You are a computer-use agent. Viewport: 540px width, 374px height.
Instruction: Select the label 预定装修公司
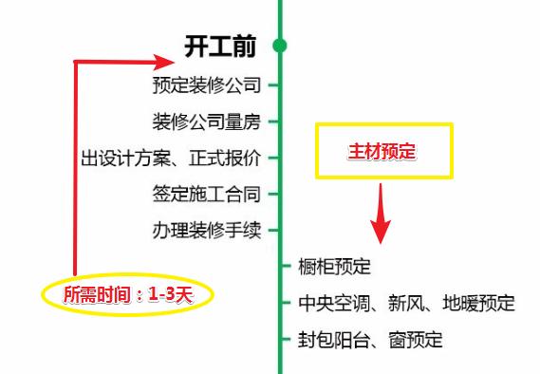[x=206, y=85]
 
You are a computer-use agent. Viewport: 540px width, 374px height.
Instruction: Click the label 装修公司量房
[x=206, y=122]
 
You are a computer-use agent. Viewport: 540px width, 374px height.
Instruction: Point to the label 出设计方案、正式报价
[x=170, y=158]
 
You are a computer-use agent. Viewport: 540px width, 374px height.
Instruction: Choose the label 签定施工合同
[x=206, y=194]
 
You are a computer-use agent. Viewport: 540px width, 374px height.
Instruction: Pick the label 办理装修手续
[x=206, y=230]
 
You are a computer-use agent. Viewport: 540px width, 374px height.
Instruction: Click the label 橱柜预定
[x=333, y=267]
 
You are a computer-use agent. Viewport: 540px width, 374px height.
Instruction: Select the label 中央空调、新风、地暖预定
[x=405, y=303]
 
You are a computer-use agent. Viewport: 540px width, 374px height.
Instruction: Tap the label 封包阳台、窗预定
[x=369, y=339]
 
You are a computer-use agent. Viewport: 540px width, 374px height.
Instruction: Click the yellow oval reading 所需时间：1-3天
[x=128, y=293]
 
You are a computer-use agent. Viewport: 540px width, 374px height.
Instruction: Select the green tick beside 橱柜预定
[x=287, y=267]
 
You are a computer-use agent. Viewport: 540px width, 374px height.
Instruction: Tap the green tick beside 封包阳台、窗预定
[x=287, y=339]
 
